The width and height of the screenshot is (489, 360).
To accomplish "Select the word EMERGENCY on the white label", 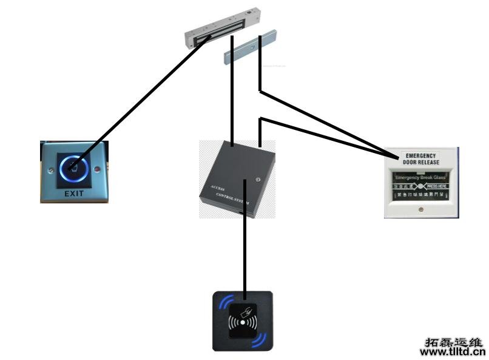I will click(421, 156).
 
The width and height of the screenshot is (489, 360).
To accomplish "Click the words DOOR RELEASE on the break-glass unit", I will click(421, 163).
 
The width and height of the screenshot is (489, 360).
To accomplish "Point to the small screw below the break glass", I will click(421, 210).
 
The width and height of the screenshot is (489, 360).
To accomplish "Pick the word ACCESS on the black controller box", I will click(217, 189).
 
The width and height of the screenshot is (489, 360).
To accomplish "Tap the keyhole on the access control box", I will click(258, 179).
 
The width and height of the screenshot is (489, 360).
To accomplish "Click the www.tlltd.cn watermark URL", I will click(453, 351).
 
